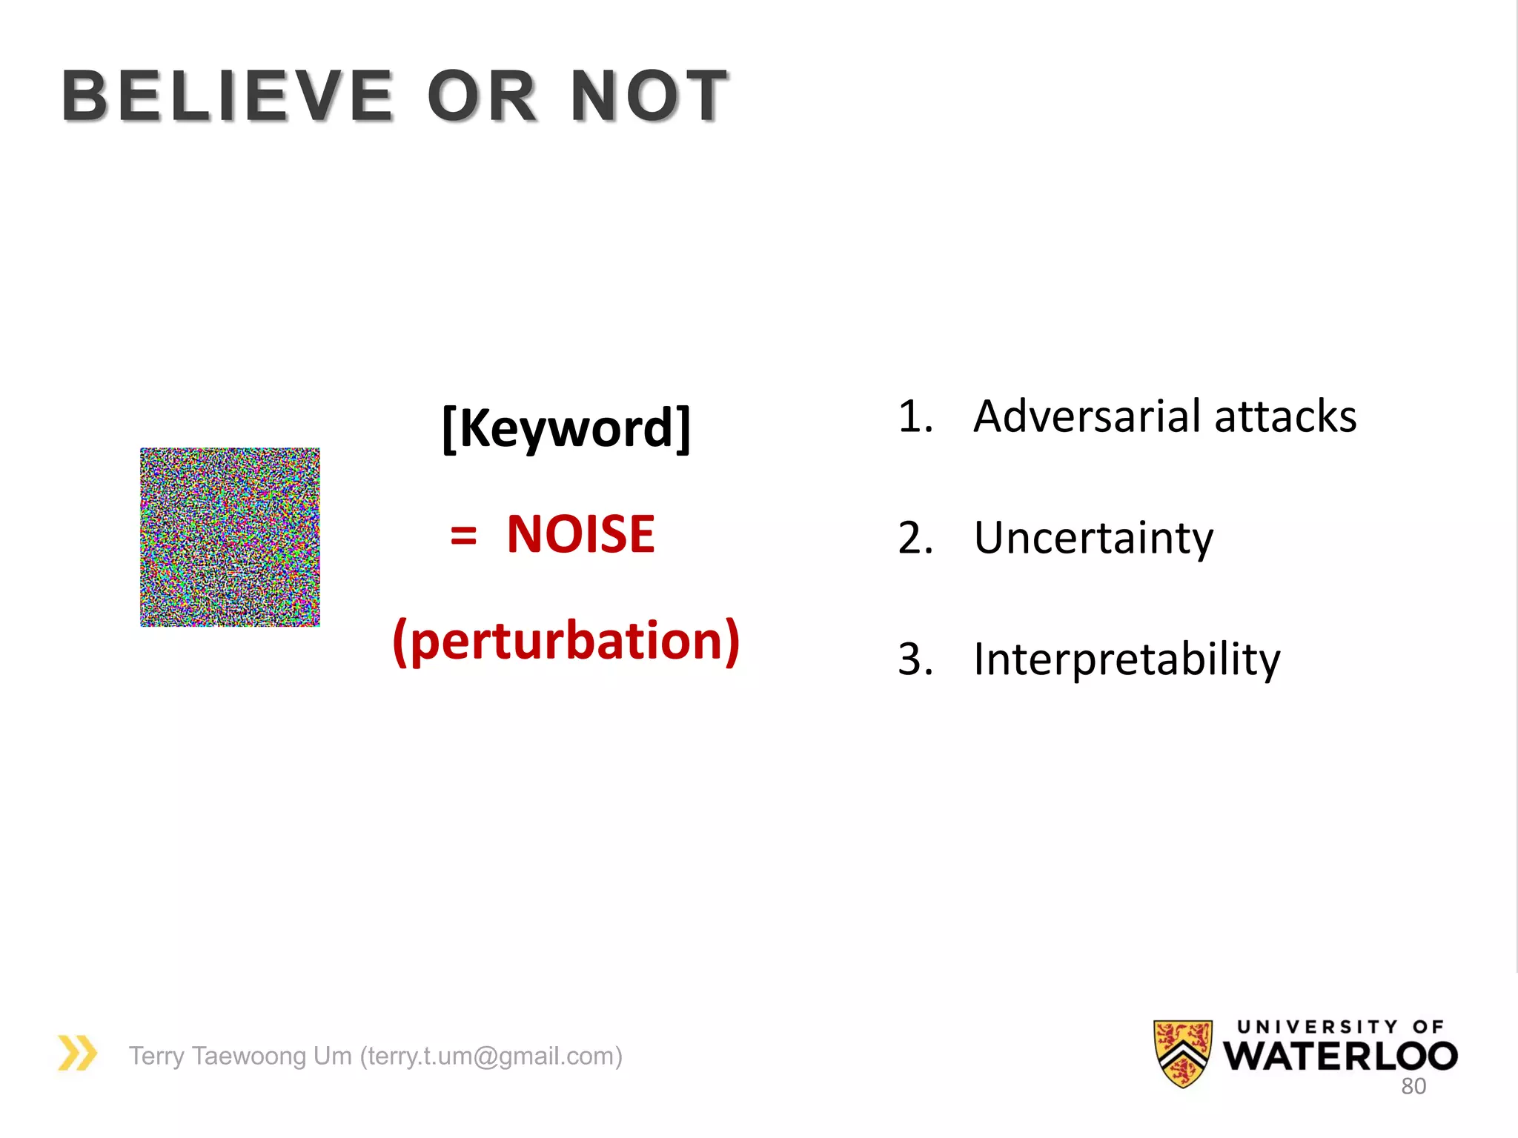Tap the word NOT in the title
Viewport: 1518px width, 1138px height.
click(649, 96)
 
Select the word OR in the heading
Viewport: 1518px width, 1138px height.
click(482, 96)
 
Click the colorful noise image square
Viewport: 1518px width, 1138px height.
click(230, 537)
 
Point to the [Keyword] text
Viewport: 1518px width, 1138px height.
click(566, 427)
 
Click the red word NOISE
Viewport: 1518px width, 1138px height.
click(580, 534)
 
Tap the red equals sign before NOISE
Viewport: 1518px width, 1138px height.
click(463, 535)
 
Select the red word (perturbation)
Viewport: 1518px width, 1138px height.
click(566, 641)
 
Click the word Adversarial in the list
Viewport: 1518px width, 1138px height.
click(1087, 416)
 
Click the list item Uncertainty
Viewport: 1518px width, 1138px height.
click(1093, 538)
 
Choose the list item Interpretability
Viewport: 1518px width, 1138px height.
click(1127, 659)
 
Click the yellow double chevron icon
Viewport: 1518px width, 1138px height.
click(77, 1053)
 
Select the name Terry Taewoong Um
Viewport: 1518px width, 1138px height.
click(240, 1056)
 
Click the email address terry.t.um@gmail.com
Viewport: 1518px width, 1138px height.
click(491, 1056)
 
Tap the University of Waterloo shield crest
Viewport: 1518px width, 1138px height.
click(1183, 1053)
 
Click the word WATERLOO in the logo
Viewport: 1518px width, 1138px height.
click(1340, 1056)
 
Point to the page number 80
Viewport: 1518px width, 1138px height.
click(1413, 1086)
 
